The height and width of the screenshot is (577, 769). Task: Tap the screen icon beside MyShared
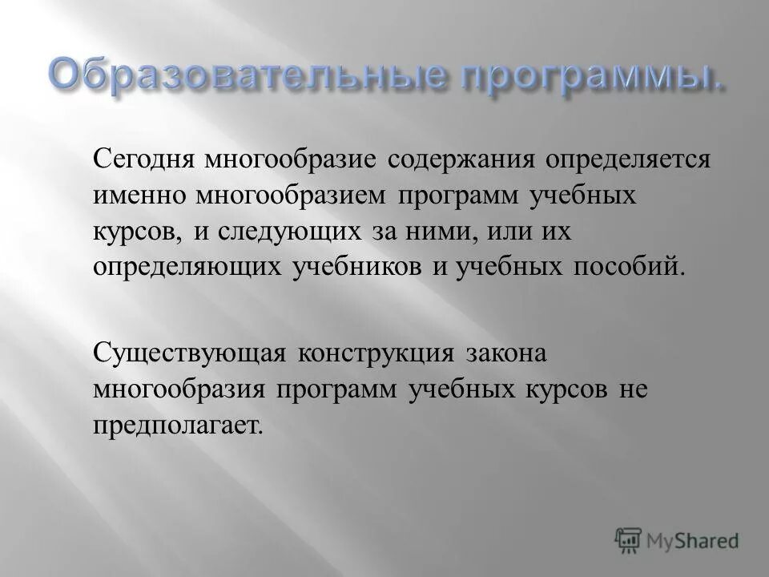coord(629,539)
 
